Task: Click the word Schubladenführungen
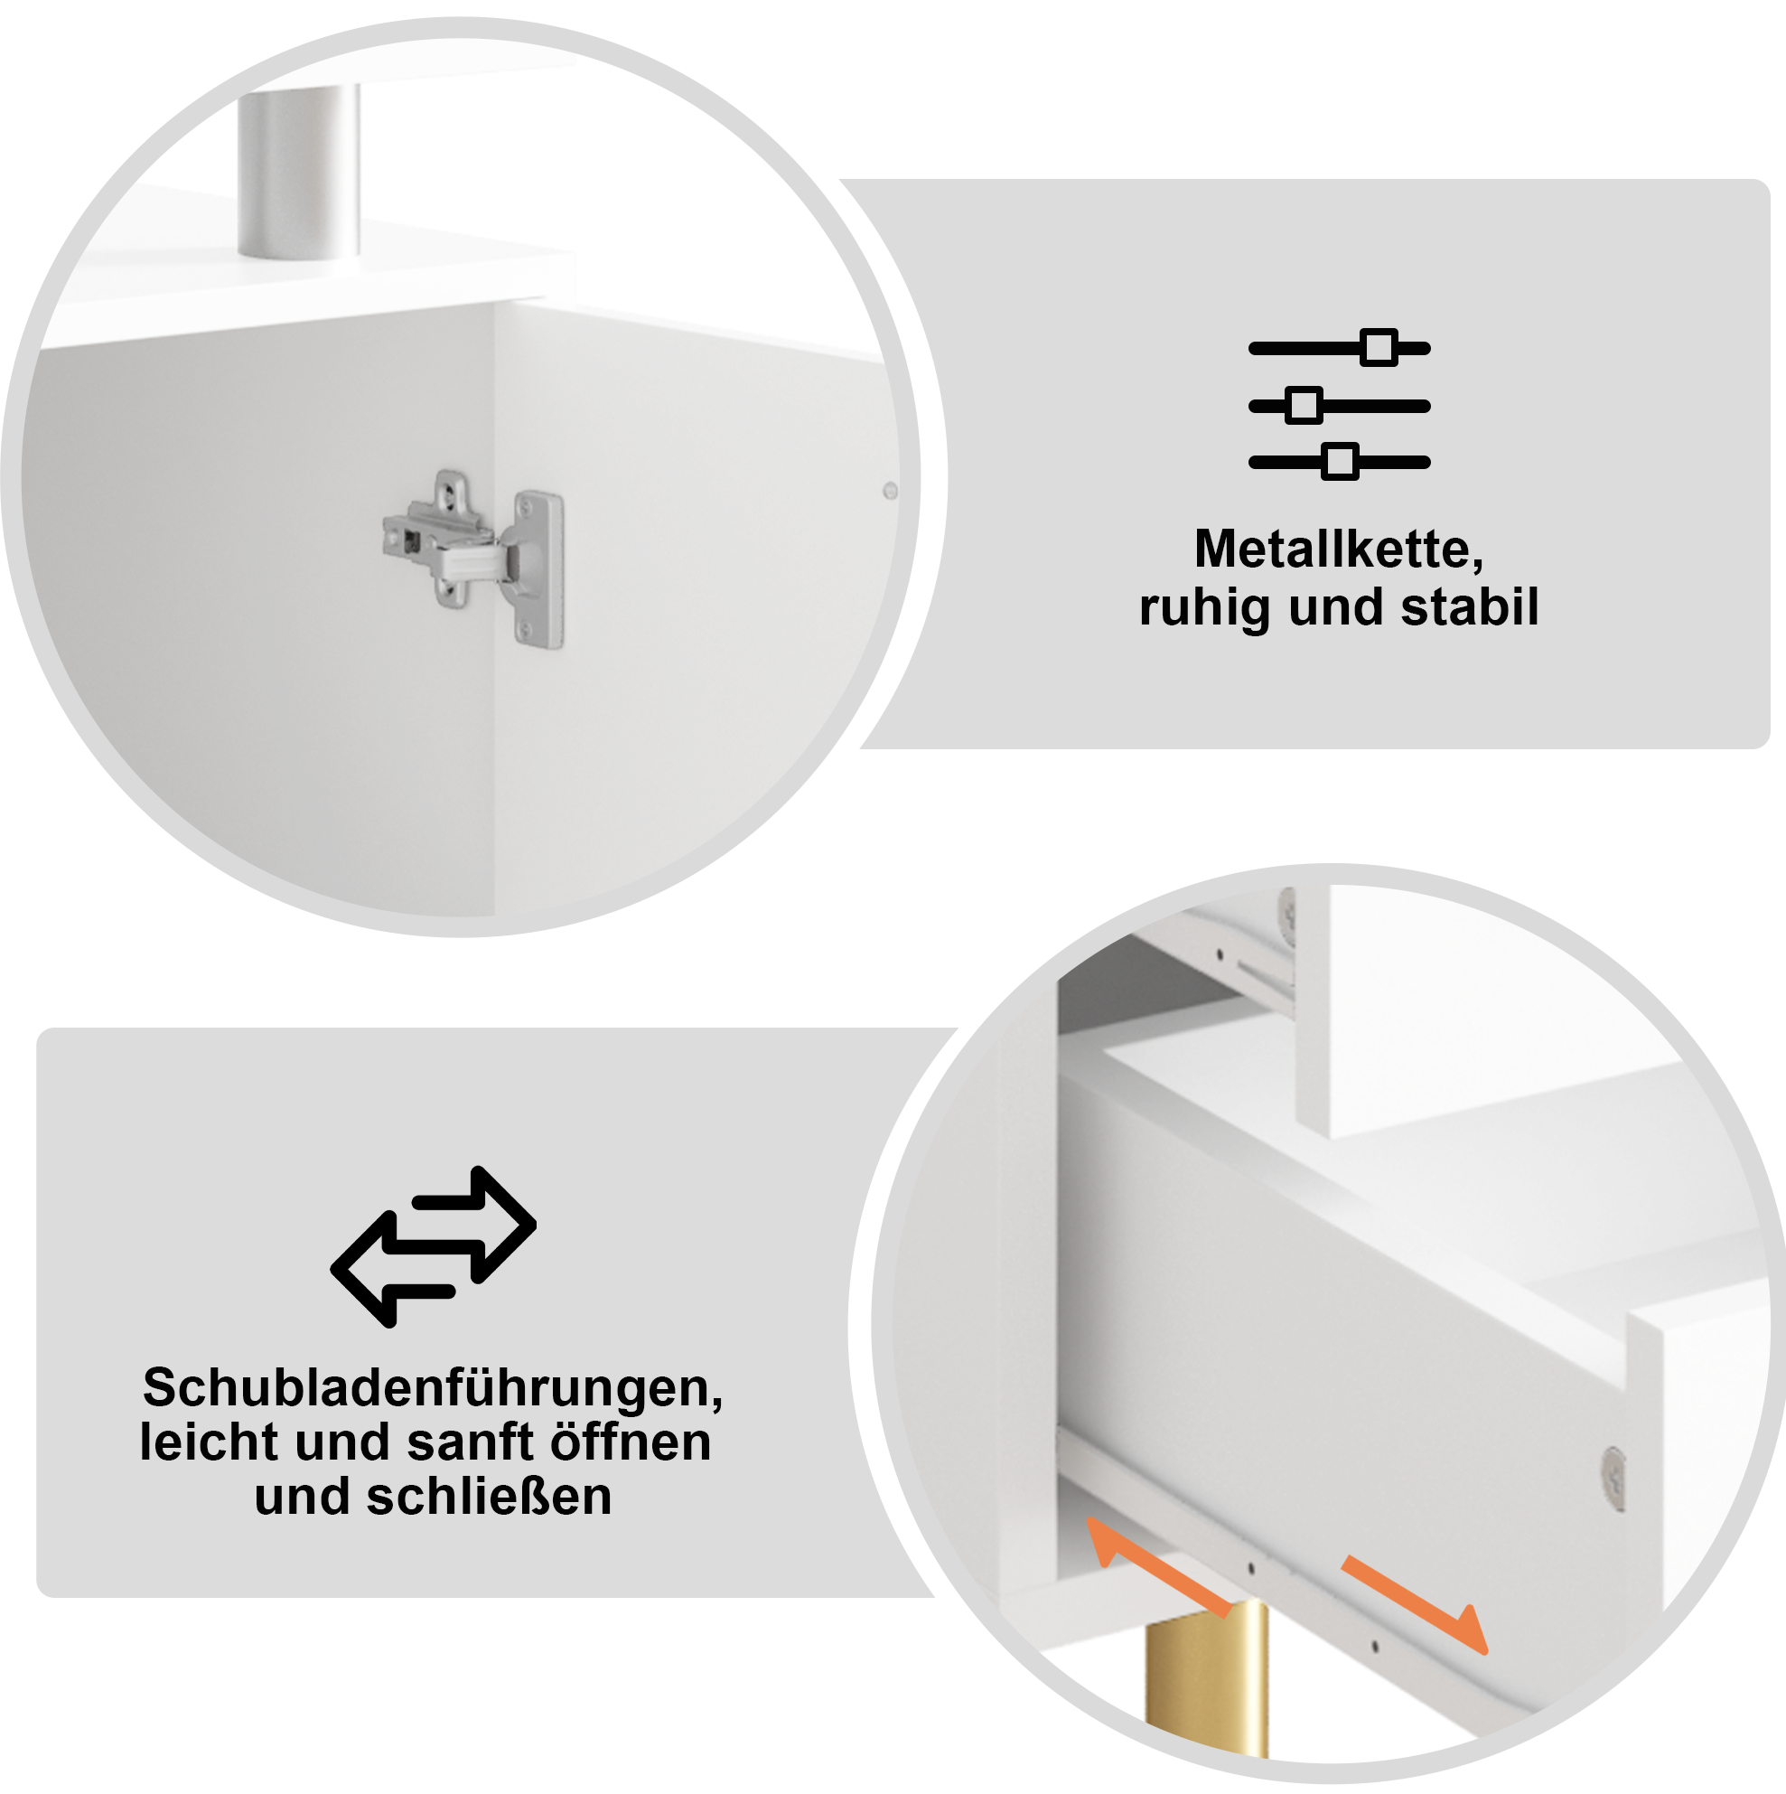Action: pyautogui.click(x=433, y=1388)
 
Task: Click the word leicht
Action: pyautogui.click(x=209, y=1442)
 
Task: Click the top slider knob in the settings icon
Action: pyautogui.click(x=1379, y=347)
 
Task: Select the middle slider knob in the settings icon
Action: pyautogui.click(x=1304, y=405)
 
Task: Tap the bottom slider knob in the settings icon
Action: pyautogui.click(x=1341, y=462)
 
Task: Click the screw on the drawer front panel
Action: pyautogui.click(x=1614, y=1474)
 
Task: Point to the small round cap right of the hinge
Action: pyautogui.click(x=889, y=490)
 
